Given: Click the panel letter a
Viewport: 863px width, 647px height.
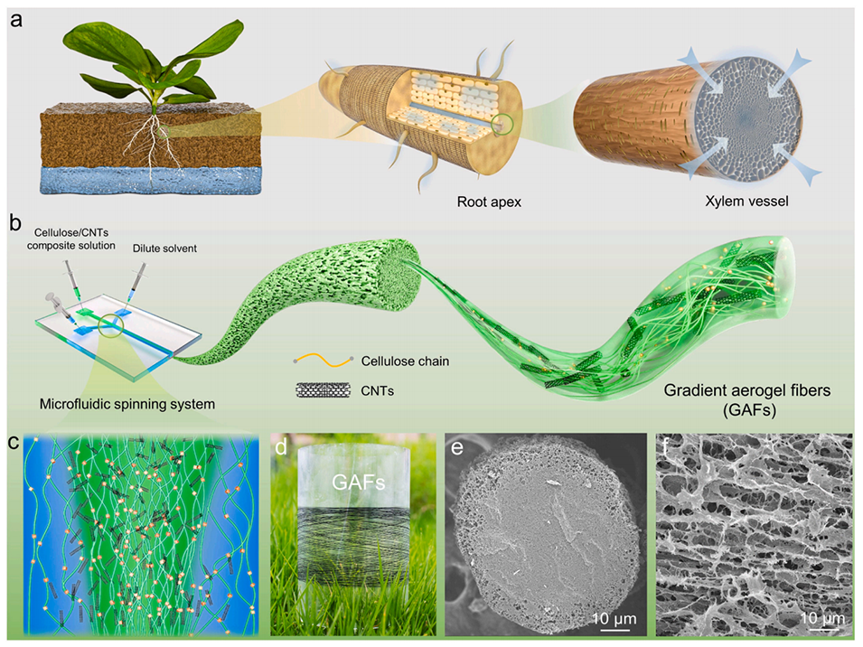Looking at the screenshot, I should pos(17,19).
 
